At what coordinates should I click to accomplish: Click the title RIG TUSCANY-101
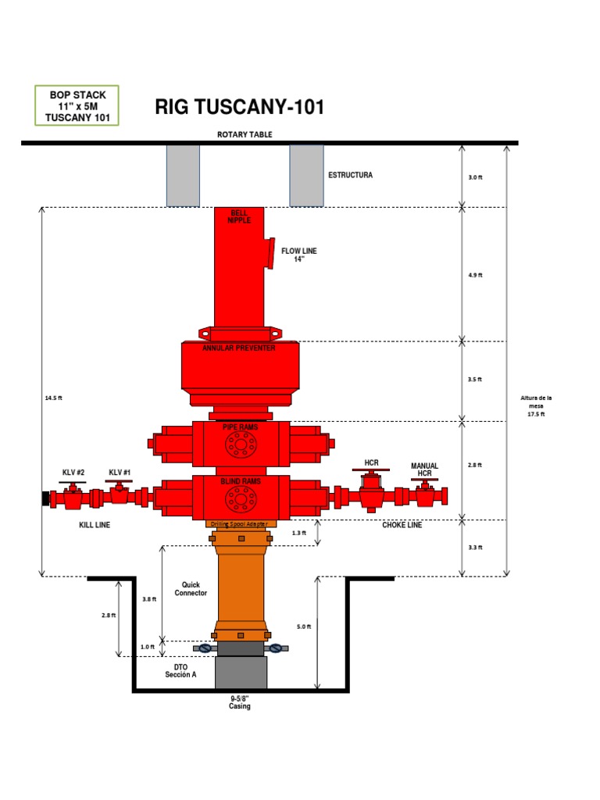click(239, 107)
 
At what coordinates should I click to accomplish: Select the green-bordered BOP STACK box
click(77, 106)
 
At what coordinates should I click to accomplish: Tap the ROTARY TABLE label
click(245, 134)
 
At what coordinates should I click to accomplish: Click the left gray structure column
click(183, 176)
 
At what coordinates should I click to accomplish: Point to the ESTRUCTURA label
click(350, 175)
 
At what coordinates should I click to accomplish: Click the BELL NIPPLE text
click(239, 216)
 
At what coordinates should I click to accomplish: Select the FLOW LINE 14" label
click(299, 255)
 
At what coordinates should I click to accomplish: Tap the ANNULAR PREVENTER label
click(239, 348)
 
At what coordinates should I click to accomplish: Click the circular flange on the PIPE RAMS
click(240, 445)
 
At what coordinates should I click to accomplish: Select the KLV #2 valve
click(73, 495)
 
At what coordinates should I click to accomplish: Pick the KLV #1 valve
click(119, 495)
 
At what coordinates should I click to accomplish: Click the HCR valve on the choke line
click(371, 492)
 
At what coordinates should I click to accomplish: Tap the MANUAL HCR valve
click(424, 494)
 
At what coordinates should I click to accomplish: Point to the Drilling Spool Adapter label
click(240, 524)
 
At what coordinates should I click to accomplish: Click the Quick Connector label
click(191, 588)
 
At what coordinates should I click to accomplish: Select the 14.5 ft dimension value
click(53, 398)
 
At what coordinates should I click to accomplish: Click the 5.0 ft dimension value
click(305, 627)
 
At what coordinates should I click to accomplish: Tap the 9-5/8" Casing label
click(239, 702)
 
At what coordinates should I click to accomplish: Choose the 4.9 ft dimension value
click(475, 275)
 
